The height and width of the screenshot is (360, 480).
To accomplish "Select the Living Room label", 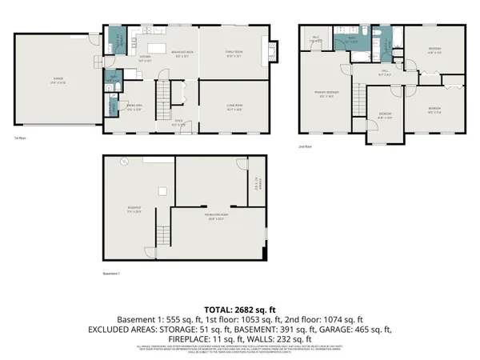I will point(234,109).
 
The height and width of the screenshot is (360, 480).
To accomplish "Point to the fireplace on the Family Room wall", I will point(275,52).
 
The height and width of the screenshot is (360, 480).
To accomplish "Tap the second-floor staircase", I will point(358,97).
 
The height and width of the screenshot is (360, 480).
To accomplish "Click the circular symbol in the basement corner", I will point(124,162).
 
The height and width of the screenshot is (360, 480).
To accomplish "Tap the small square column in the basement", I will point(162,190).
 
